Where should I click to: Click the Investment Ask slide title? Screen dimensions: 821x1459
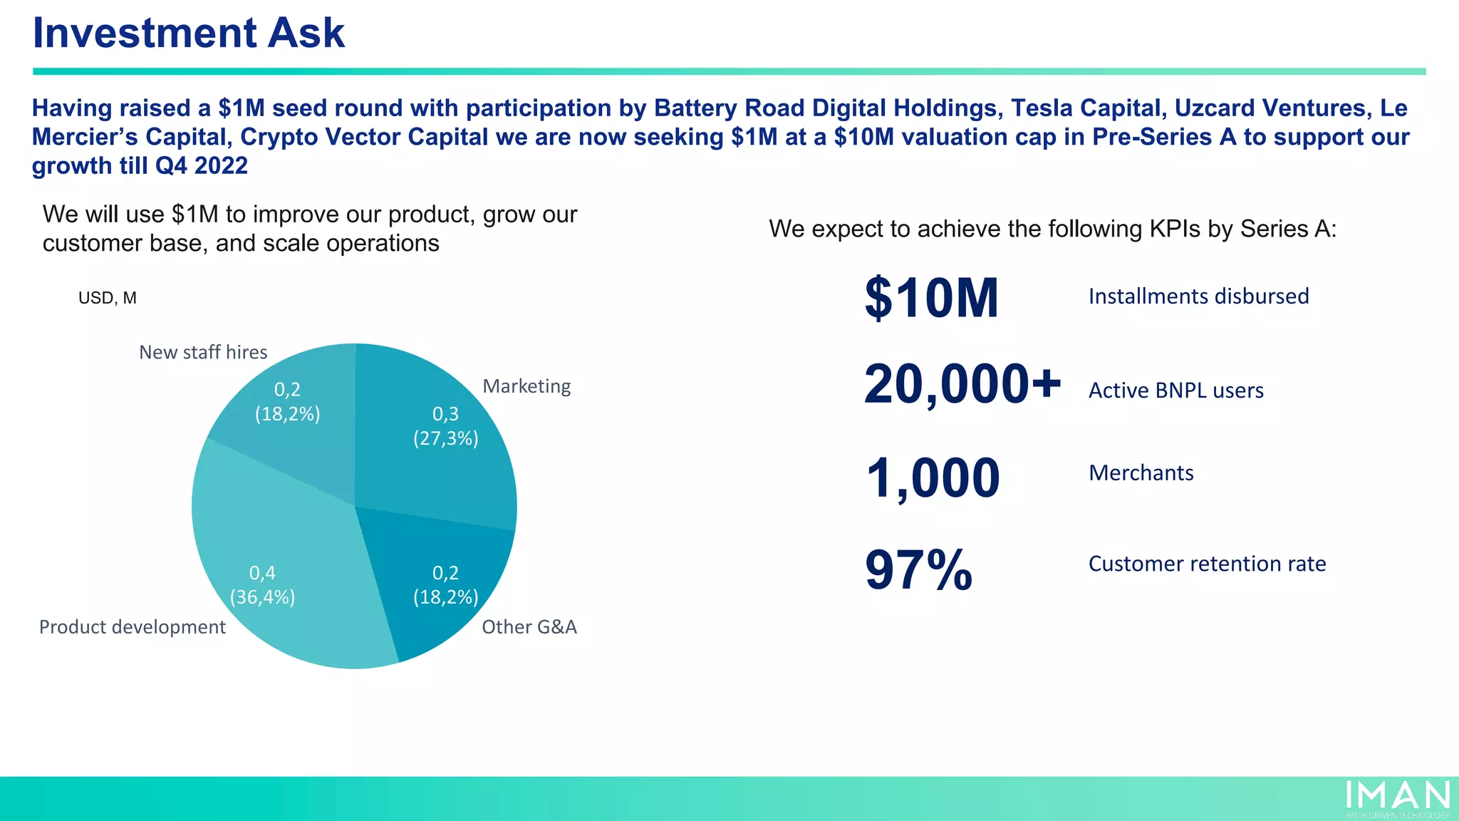click(189, 33)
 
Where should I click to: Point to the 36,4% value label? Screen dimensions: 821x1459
click(262, 597)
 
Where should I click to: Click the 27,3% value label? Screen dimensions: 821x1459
click(446, 438)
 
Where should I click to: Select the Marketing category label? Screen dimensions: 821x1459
click(526, 386)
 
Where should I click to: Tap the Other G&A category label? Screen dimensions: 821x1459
click(529, 627)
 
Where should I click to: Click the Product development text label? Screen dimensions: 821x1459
click(133, 627)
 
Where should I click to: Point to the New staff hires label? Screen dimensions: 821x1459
click(203, 352)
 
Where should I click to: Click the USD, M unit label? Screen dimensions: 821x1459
click(108, 298)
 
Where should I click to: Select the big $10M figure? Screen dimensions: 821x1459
click(931, 298)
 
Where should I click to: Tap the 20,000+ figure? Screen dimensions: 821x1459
click(962, 385)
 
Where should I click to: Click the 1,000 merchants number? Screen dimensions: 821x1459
click(933, 477)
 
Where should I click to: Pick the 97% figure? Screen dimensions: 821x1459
click(918, 570)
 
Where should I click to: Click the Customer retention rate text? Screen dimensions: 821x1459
click(1207, 564)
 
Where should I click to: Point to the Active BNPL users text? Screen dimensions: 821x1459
click(1176, 391)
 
